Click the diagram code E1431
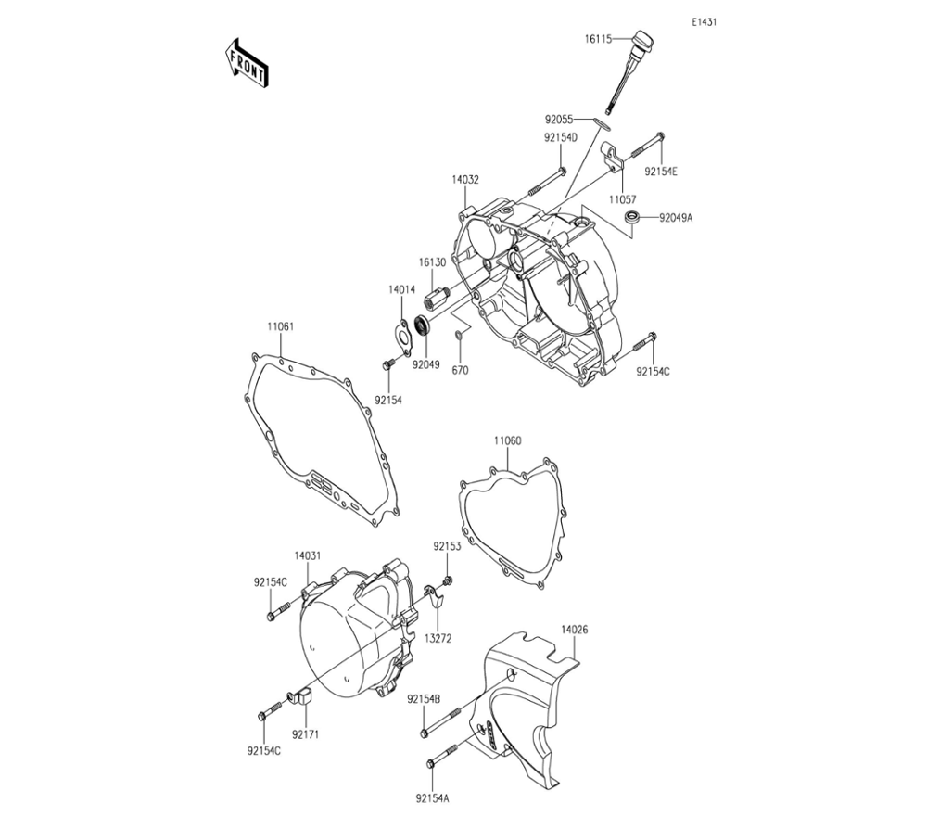(703, 22)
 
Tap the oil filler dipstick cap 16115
(639, 43)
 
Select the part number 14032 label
(465, 180)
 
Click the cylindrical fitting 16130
(435, 300)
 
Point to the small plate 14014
(401, 333)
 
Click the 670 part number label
(461, 370)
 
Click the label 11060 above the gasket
(506, 441)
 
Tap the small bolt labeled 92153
(449, 580)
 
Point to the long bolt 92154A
(445, 756)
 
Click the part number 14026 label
(573, 630)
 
